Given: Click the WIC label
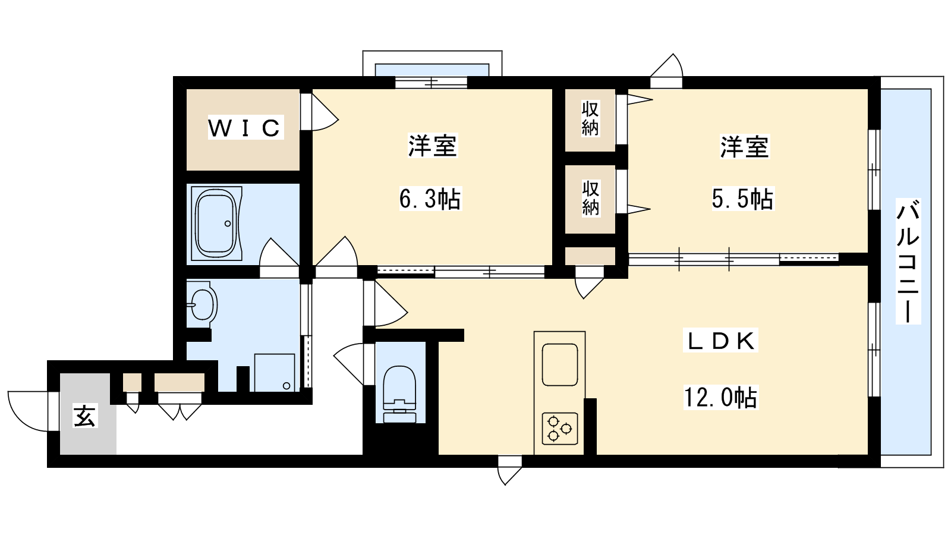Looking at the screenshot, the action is [x=245, y=127].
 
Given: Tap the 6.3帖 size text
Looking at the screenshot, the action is [x=430, y=199].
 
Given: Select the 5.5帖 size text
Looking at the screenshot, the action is [x=742, y=199].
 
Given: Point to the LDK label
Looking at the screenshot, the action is [x=720, y=341].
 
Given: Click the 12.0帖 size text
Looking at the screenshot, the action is [x=720, y=398].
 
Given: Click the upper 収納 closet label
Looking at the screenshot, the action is [x=590, y=118].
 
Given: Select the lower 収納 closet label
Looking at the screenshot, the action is [x=590, y=199].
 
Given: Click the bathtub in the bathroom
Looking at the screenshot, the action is [x=216, y=224].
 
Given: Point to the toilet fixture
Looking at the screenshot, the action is [x=399, y=394].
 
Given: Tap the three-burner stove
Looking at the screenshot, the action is [x=559, y=429].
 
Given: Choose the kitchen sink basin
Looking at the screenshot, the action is [x=559, y=365].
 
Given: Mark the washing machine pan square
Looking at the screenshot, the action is [x=275, y=372].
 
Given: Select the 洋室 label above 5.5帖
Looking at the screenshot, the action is [x=744, y=146].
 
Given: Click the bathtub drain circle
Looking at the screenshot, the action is [x=228, y=224].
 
